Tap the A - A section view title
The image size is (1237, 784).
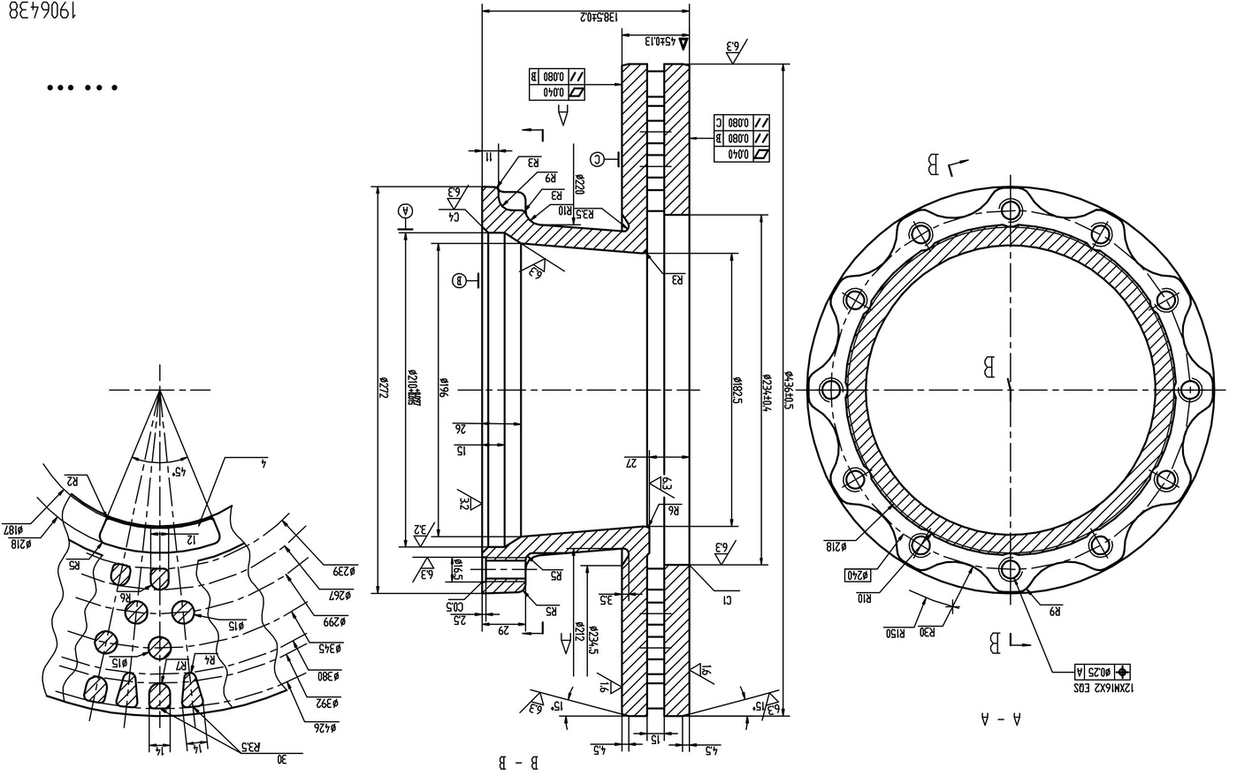pos(1000,719)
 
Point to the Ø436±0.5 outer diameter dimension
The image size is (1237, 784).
pos(789,389)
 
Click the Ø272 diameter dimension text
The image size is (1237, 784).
pos(384,389)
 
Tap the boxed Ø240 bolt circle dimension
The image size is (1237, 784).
pos(858,575)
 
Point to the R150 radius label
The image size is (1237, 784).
pos(896,633)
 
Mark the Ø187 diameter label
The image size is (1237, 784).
pos(16,529)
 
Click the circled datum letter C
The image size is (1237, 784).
pos(599,159)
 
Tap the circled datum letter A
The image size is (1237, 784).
pos(406,210)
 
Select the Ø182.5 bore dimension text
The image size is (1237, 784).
pos(736,388)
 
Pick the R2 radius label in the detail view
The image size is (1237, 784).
pos(72,482)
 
